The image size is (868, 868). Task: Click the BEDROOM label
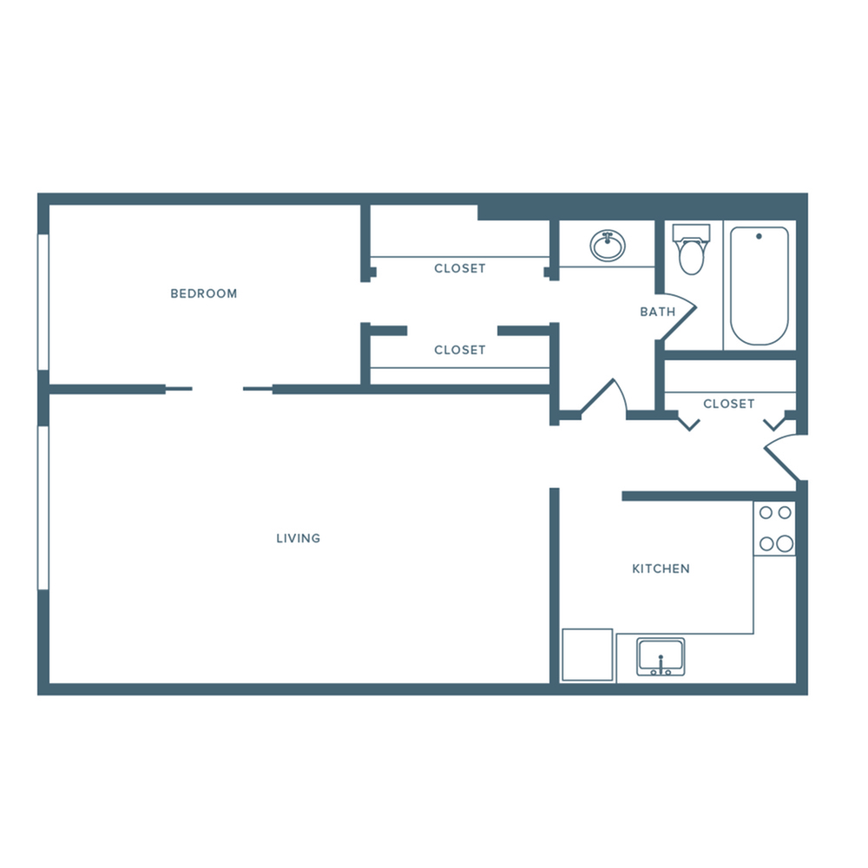(203, 293)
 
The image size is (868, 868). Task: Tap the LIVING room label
(298, 538)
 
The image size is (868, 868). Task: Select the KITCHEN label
(661, 569)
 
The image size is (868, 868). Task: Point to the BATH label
(657, 312)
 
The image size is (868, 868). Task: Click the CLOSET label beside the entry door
(728, 404)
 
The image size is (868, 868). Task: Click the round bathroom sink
(608, 246)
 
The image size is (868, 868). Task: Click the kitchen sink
(661, 656)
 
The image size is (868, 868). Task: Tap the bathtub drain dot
(759, 236)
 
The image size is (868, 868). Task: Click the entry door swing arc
(779, 458)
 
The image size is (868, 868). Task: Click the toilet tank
(692, 233)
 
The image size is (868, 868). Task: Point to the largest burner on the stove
(784, 544)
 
